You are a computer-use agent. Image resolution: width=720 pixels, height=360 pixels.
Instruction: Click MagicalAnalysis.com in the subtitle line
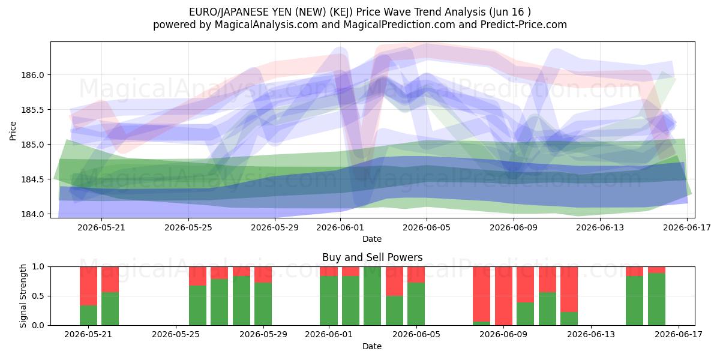266,25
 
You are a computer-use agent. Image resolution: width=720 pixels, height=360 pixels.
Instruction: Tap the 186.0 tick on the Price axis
32,75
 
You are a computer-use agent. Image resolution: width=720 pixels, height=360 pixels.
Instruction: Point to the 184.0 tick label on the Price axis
32,214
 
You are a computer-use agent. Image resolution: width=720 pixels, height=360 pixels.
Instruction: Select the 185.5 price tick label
32,110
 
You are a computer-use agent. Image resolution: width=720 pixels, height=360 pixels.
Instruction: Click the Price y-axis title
13,131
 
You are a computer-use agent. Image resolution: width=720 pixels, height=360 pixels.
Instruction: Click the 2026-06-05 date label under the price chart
427,227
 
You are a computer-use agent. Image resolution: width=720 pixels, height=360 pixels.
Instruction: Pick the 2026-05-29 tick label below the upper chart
275,227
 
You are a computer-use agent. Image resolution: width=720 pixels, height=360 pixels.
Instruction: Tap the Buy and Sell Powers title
372,257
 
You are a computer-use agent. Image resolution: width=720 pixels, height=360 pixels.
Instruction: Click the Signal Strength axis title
23,296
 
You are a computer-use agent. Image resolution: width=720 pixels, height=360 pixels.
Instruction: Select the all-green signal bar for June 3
372,296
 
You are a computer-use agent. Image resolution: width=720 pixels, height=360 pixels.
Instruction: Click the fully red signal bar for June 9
503,296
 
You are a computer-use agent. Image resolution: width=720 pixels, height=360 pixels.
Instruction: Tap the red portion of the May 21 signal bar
88,286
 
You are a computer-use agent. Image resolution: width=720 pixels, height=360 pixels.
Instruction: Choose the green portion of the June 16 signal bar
656,299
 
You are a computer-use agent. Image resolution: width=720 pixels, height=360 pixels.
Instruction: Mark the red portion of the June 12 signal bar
569,289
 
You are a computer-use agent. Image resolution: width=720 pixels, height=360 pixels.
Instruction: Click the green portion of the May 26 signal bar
197,305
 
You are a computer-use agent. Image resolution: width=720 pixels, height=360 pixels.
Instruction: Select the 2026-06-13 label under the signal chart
591,335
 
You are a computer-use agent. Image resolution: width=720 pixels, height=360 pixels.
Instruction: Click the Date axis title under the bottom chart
372,347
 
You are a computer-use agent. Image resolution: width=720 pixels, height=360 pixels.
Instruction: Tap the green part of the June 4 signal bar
394,311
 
